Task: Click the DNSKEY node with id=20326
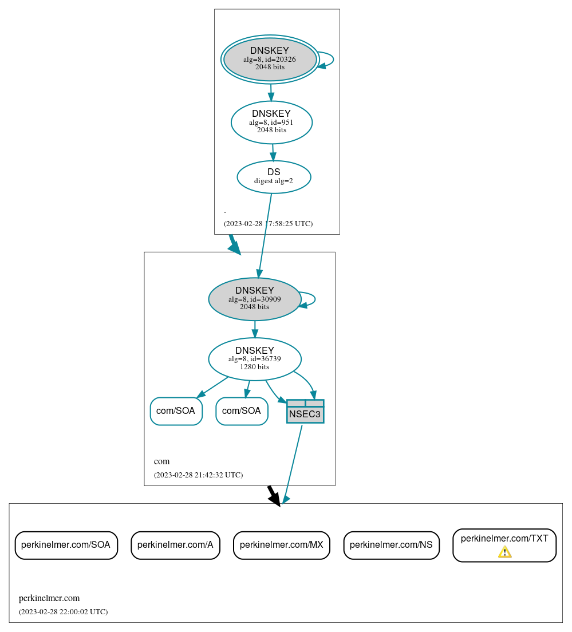pos(270,60)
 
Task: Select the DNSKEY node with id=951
pos(271,122)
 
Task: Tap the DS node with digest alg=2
pos(274,177)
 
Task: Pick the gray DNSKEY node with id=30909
pos(255,299)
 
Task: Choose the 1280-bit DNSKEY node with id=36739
pos(255,359)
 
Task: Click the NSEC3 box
pos(305,412)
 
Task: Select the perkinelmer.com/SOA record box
pos(66,545)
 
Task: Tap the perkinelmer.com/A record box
pos(175,545)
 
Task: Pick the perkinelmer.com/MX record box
pos(281,545)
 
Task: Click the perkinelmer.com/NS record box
pos(391,545)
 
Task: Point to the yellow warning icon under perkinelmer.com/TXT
pos(504,552)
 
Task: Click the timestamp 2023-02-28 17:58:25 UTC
pos(268,224)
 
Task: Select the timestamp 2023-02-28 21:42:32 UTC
pos(198,475)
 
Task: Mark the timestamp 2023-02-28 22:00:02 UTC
pos(63,612)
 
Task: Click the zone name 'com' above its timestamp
pos(161,461)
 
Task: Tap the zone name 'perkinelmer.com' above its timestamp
pos(49,599)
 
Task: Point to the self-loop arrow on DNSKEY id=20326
pos(332,60)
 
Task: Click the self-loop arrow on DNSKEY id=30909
pos(314,299)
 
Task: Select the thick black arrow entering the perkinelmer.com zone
pos(274,496)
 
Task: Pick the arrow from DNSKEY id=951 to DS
pos(273,152)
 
